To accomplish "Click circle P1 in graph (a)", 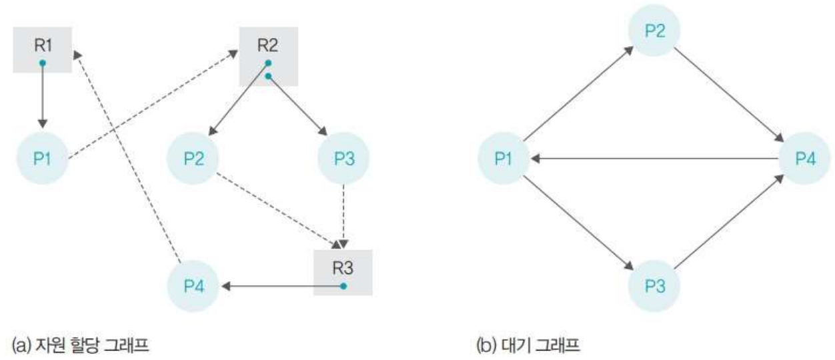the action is [43, 159].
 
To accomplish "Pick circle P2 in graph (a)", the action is [193, 159].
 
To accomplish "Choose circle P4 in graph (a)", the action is [193, 287].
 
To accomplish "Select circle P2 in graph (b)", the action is [654, 32].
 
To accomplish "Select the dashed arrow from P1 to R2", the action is [153, 107].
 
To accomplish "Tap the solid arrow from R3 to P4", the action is [280, 286].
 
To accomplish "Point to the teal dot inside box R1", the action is [42, 63].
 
